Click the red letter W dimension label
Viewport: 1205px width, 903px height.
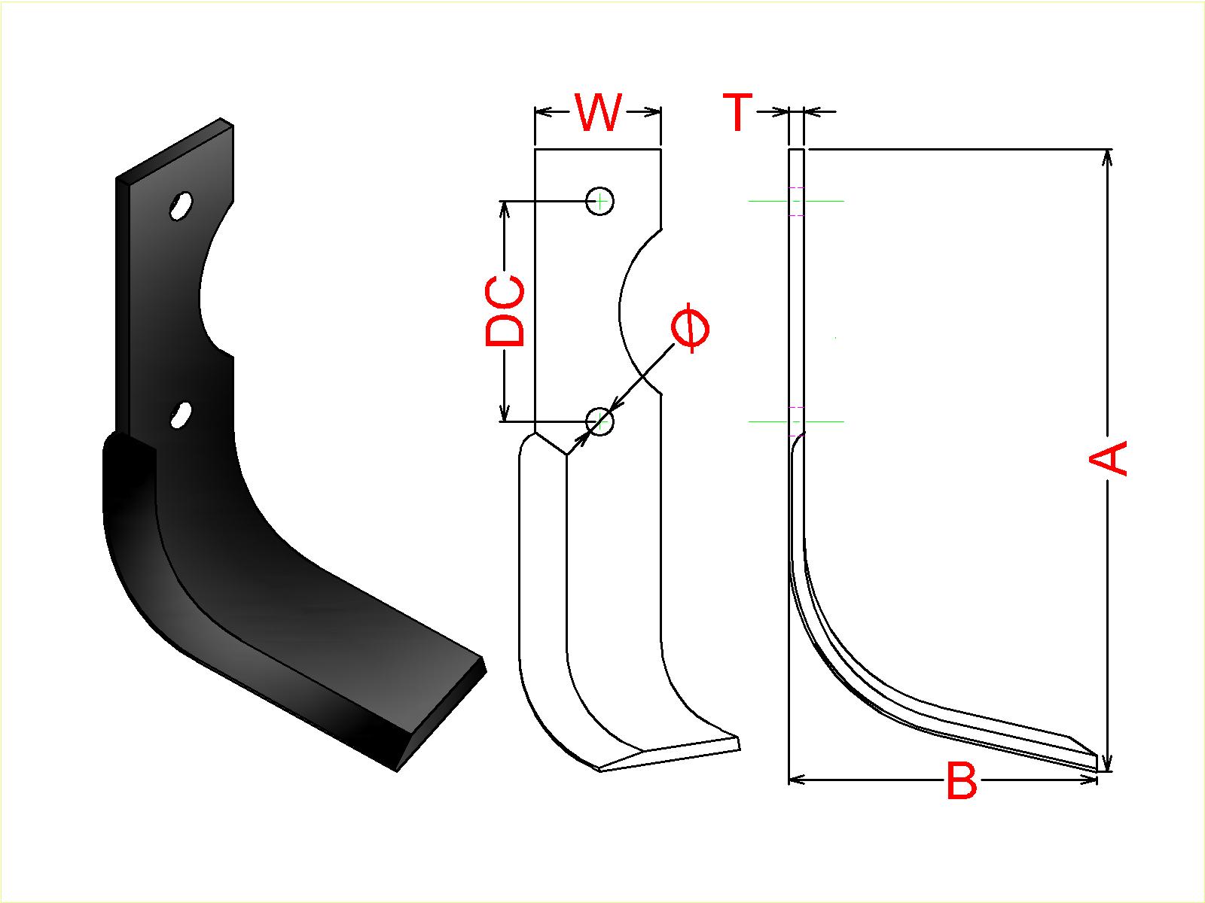point(599,112)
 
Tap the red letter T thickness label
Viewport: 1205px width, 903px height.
point(737,112)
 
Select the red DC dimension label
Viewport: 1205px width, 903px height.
point(505,311)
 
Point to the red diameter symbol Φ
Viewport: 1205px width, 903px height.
point(691,330)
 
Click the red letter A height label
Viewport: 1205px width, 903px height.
point(1108,458)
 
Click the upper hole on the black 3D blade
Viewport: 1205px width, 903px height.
point(181,205)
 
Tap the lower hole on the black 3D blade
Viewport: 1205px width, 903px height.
point(181,415)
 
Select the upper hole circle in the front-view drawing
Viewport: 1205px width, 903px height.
point(600,201)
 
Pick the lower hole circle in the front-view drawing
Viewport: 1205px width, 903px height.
point(600,421)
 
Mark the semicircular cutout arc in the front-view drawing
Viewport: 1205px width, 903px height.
point(640,311)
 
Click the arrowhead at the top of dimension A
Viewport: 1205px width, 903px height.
point(1108,157)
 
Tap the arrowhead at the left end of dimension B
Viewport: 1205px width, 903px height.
point(797,780)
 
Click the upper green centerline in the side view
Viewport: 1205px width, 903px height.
point(796,201)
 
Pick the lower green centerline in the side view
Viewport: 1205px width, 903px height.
point(796,421)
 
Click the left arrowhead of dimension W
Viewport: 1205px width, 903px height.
point(544,112)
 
